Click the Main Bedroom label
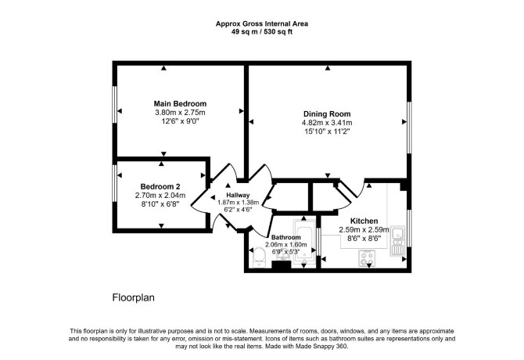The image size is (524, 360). tap(180, 103)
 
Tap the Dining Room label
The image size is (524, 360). tap(327, 113)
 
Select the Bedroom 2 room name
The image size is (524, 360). tap(160, 186)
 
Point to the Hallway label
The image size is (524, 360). tap(238, 195)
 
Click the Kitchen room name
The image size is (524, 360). tap(364, 221)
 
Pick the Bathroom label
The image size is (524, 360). tap(285, 237)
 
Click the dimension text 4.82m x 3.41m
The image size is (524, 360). tap(327, 123)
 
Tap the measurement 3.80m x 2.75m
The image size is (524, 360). tap(180, 113)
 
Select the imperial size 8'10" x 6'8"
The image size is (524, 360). tap(160, 204)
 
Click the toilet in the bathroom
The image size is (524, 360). tap(260, 257)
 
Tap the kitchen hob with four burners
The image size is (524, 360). tap(367, 258)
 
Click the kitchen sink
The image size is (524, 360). tap(397, 241)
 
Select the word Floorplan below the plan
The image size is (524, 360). tap(133, 297)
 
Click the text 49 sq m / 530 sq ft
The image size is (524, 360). tap(262, 32)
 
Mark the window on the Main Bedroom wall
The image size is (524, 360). tap(114, 105)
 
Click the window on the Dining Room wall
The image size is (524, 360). tap(409, 128)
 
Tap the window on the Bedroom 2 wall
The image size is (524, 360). tap(114, 183)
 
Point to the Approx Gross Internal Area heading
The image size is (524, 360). tap(262, 23)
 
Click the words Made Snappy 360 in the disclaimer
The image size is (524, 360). tap(321, 346)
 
